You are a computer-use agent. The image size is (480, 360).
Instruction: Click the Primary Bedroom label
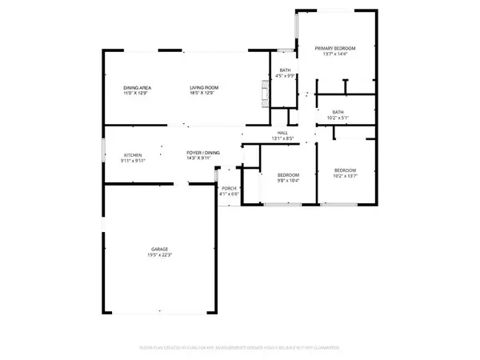335,48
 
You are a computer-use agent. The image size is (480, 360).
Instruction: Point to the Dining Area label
138,87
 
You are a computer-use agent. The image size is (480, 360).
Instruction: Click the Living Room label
204,87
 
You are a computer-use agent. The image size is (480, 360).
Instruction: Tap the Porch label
229,189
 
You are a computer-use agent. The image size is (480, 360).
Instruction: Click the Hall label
282,133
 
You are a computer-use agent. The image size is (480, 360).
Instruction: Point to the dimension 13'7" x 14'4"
335,54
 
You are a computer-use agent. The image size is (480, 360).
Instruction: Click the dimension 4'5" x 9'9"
285,76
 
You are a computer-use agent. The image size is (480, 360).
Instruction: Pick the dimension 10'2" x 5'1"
338,118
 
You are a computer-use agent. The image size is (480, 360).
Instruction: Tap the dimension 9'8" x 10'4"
288,180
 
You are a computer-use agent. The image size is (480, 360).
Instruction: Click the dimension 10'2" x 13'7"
345,176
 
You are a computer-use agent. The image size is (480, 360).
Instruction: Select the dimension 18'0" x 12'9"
204,93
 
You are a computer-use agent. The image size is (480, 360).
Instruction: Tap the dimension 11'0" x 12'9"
138,93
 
